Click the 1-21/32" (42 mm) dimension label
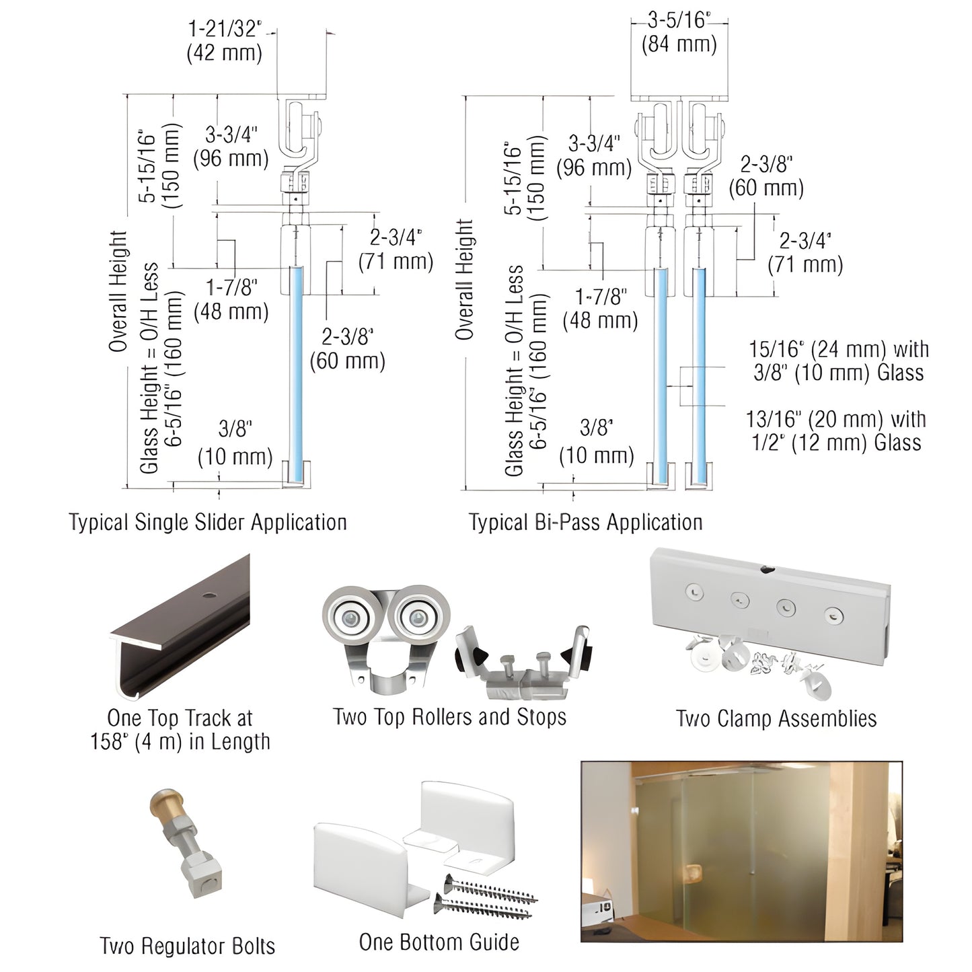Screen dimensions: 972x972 click(224, 40)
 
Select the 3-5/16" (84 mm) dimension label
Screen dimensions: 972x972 click(679, 32)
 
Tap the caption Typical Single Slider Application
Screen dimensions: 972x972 click(208, 523)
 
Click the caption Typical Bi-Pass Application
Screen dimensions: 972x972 click(585, 523)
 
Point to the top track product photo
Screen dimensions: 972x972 click(180, 629)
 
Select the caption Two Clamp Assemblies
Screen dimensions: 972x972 click(776, 718)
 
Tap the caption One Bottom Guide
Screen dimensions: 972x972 click(439, 942)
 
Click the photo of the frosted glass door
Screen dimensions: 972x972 click(741, 852)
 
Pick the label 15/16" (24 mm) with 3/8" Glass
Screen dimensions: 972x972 click(839, 361)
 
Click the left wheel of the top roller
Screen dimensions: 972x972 click(349, 617)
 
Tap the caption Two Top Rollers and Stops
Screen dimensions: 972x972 click(449, 717)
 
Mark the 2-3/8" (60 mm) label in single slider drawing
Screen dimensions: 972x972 click(347, 349)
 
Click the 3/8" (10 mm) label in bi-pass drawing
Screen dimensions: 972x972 click(597, 443)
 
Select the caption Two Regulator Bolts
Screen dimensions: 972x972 click(188, 946)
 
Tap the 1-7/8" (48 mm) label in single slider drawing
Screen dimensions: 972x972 click(231, 299)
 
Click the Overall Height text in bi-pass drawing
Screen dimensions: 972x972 click(464, 279)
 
